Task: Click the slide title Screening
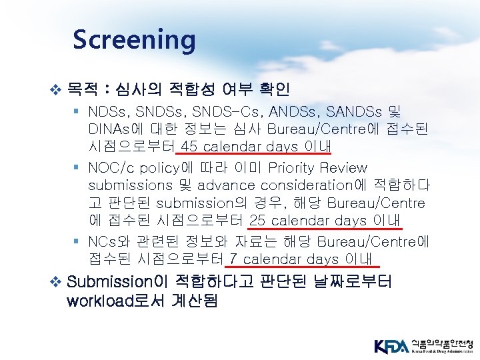134,39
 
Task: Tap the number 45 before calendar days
190,147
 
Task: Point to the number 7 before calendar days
234,259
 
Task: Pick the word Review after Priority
343,167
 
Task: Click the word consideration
304,184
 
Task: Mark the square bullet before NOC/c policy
79,167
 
